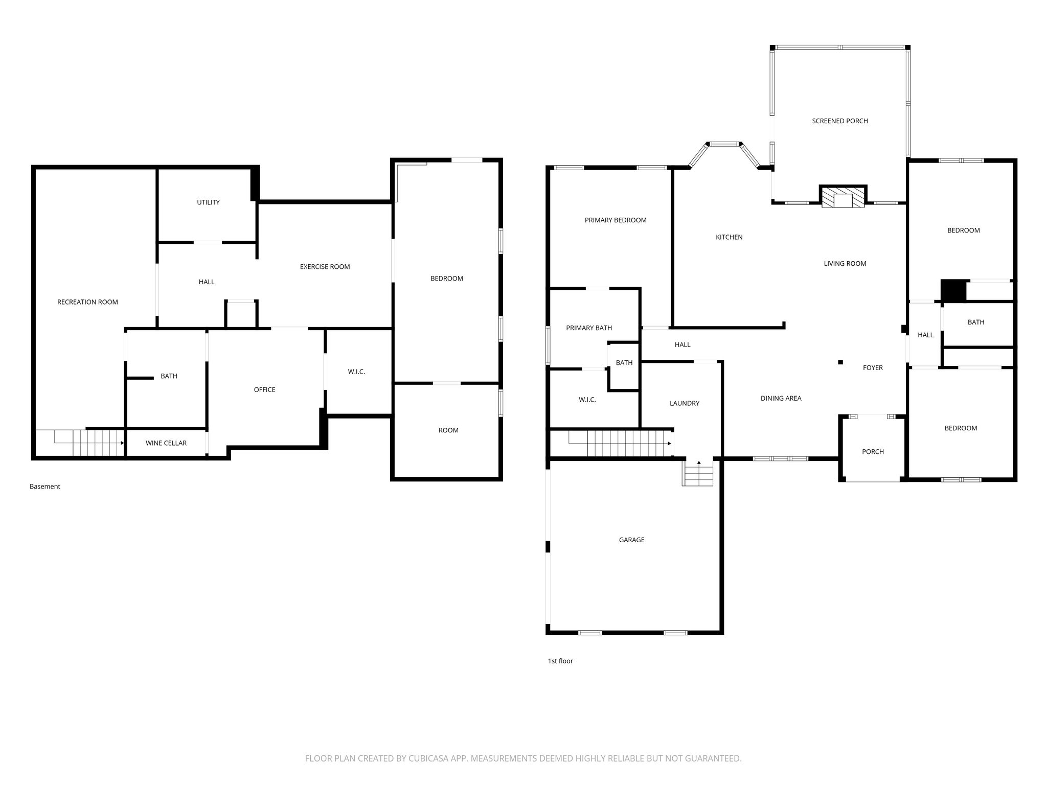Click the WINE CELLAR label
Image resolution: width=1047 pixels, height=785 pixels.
pos(166,443)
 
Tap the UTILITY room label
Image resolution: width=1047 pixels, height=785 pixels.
pos(209,202)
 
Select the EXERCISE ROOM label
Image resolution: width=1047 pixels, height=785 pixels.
pos(325,267)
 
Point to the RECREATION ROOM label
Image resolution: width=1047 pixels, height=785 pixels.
pos(87,302)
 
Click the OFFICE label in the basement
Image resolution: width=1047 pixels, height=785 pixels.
pos(265,390)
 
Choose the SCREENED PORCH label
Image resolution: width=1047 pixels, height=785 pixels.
pos(840,121)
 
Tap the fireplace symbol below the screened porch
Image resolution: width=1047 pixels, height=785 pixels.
pos(843,197)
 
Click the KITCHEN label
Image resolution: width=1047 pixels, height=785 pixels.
pos(729,237)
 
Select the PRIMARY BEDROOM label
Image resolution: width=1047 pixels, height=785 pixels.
pos(616,220)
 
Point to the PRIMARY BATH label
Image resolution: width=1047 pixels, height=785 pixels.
pos(589,328)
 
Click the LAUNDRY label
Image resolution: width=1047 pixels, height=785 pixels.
pos(685,403)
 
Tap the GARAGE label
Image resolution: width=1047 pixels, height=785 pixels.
pos(632,540)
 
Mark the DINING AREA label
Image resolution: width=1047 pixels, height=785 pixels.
pos(781,399)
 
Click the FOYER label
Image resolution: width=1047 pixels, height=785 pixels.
pos(873,368)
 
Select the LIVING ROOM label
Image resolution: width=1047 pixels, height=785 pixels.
pos(845,264)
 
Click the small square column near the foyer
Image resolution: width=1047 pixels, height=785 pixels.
pos(840,362)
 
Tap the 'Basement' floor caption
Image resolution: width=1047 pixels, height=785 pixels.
pos(45,487)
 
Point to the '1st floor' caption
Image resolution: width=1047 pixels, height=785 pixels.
pos(560,661)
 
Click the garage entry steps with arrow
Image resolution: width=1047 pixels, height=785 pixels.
pos(698,472)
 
